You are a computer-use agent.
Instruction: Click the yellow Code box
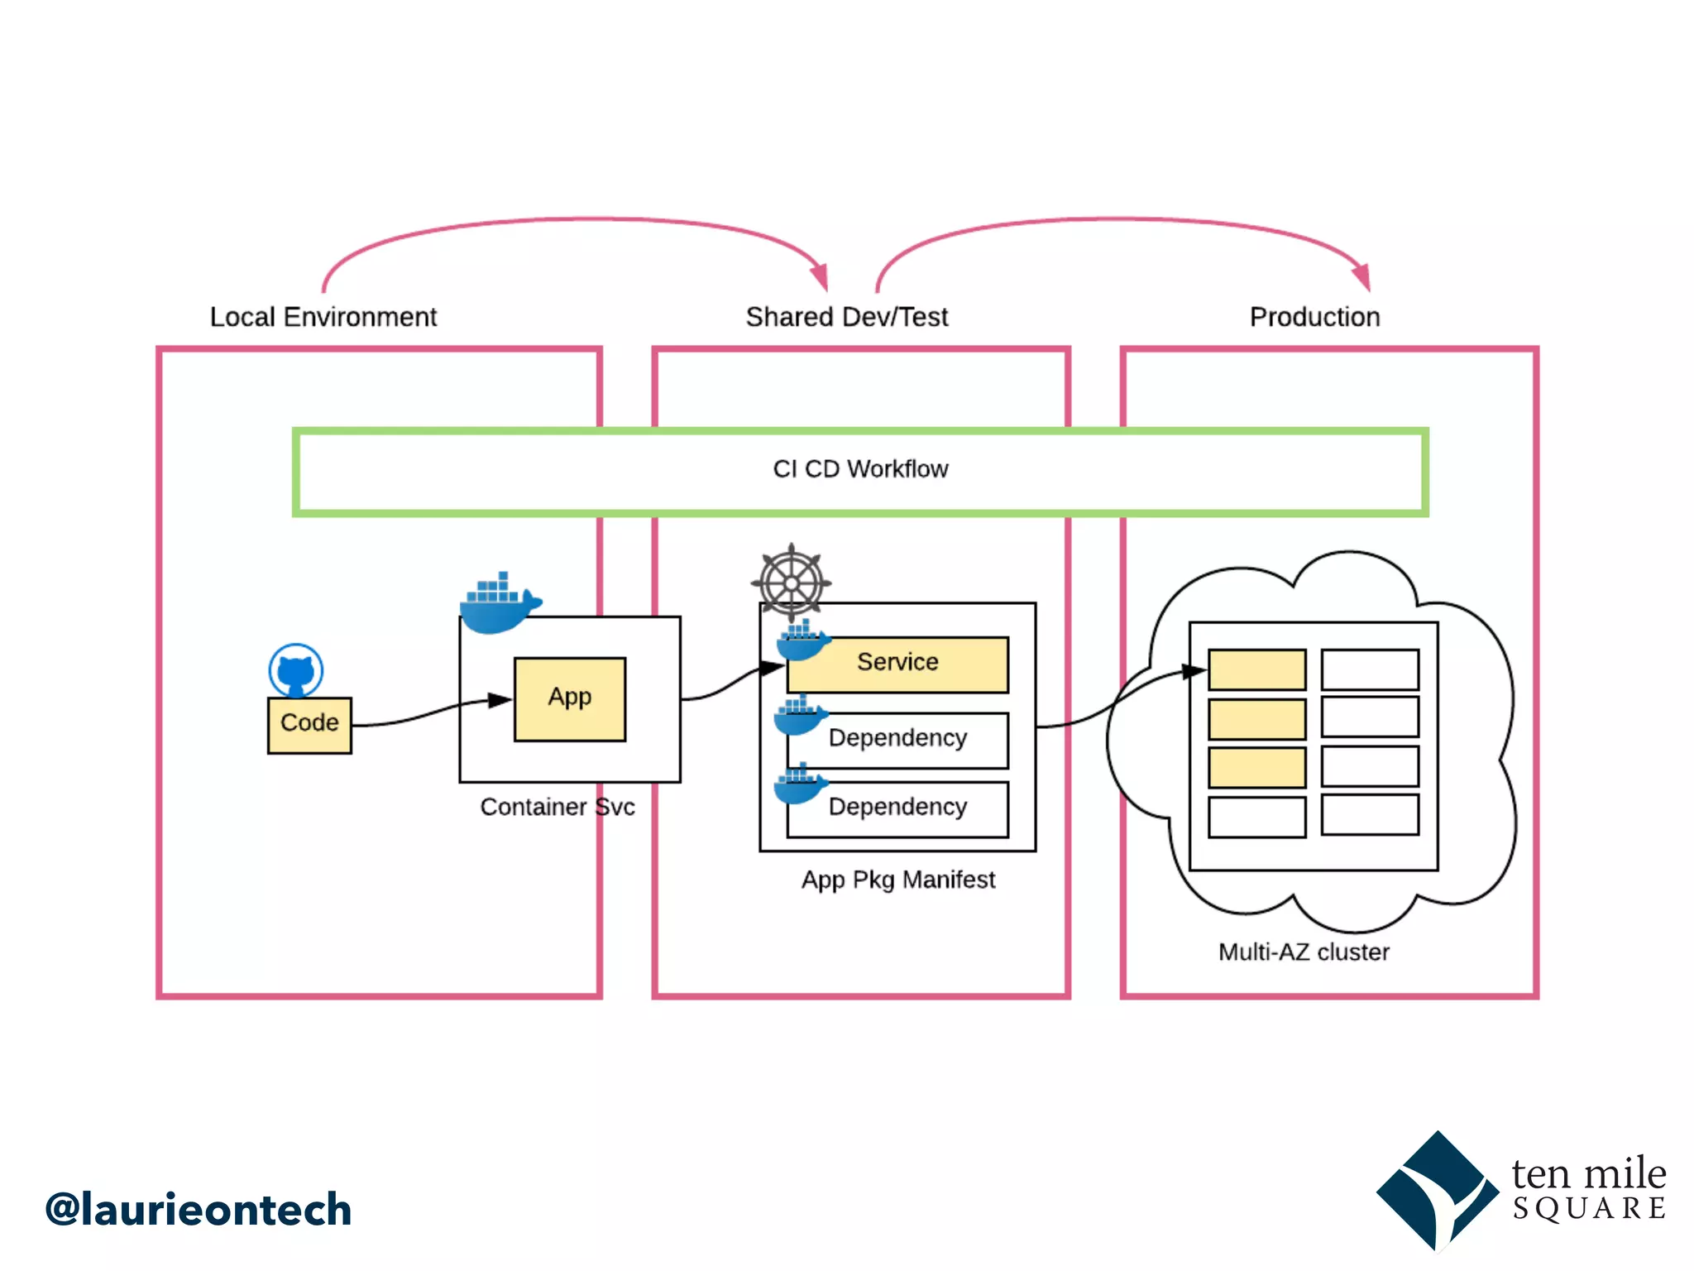pyautogui.click(x=309, y=725)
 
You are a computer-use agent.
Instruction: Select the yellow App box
pyautogui.click(x=569, y=698)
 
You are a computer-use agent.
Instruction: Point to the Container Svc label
pyautogui.click(x=557, y=807)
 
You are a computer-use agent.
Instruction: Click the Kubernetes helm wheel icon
pyautogui.click(x=791, y=583)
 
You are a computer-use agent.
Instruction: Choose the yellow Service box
pyautogui.click(x=897, y=664)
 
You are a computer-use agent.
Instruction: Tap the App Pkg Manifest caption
pyautogui.click(x=897, y=880)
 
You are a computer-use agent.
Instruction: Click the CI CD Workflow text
pyautogui.click(x=860, y=469)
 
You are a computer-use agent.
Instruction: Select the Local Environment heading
pyautogui.click(x=323, y=317)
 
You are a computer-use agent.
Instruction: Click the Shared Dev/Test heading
pyautogui.click(x=846, y=317)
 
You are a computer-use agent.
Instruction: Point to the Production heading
pyautogui.click(x=1314, y=317)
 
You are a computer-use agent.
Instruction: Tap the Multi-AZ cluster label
pyautogui.click(x=1304, y=952)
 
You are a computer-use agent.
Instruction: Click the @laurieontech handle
pyautogui.click(x=199, y=1210)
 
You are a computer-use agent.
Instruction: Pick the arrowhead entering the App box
pyautogui.click(x=500, y=700)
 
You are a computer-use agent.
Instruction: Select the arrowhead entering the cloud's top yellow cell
pyautogui.click(x=1194, y=671)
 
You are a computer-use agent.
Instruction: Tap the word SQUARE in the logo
pyautogui.click(x=1589, y=1209)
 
